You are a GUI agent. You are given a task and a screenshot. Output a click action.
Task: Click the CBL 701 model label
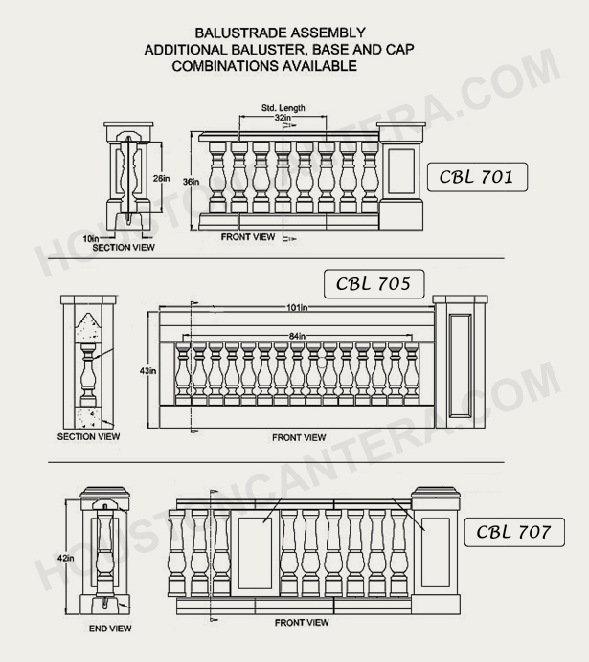click(x=477, y=176)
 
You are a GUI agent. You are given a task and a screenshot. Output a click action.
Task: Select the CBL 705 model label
click(x=373, y=284)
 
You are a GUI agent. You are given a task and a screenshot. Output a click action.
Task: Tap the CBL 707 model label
click(x=513, y=532)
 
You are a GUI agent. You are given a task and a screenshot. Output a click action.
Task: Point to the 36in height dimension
click(x=192, y=182)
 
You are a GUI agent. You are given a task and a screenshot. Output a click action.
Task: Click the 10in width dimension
click(x=90, y=236)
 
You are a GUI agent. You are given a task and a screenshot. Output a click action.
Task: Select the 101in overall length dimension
click(x=297, y=308)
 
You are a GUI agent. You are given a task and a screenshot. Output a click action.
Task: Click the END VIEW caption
click(x=110, y=629)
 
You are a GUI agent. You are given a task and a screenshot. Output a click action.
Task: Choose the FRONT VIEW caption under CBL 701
click(x=248, y=236)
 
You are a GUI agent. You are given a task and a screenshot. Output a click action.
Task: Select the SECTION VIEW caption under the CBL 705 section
click(x=89, y=436)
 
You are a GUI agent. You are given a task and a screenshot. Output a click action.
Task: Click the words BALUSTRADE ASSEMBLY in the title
click(x=280, y=32)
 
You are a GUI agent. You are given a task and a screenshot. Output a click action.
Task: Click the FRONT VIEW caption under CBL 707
click(x=302, y=623)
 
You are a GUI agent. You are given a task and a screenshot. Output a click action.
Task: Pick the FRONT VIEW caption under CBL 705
click(x=299, y=437)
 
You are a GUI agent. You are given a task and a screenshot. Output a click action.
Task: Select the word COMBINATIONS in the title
click(x=223, y=66)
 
